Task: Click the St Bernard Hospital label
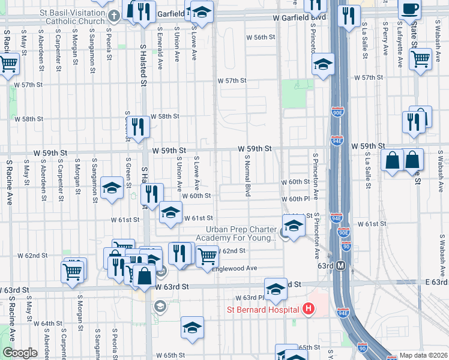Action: point(262,310)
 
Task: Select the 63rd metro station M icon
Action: point(341,265)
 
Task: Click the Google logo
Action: point(20,353)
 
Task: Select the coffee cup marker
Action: point(410,10)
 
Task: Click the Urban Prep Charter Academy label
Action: point(240,233)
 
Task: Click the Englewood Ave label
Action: point(234,268)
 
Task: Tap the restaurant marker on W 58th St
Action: point(139,127)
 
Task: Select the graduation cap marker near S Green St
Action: point(112,188)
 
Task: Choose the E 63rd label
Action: point(436,282)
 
